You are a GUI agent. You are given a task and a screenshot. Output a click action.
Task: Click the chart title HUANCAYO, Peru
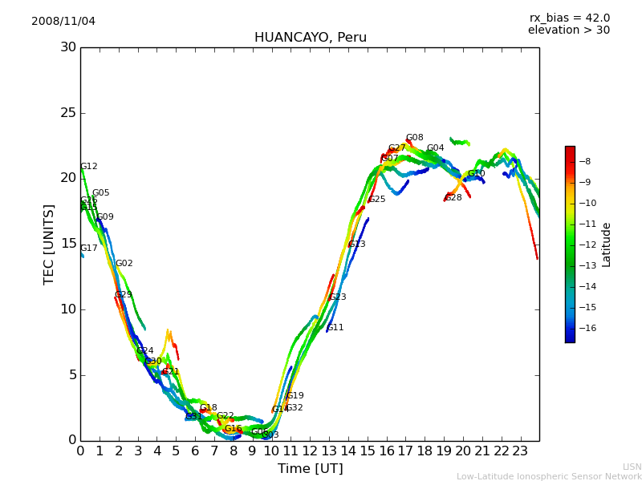[x=310, y=38]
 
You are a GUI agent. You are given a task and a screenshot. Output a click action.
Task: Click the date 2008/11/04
[x=63, y=21]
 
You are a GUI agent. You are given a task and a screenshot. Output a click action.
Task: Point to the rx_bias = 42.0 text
[x=569, y=18]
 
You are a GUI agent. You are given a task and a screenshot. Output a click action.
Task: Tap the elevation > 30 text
[x=568, y=30]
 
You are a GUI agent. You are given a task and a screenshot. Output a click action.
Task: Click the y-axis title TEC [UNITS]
[x=49, y=244]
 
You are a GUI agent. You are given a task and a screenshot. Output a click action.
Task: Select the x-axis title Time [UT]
[x=310, y=469]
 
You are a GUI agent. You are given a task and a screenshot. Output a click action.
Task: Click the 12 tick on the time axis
[x=310, y=451]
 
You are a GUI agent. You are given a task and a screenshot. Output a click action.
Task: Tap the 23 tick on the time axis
[x=520, y=451]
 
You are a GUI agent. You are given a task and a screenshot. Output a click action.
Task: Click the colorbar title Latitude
[x=607, y=245]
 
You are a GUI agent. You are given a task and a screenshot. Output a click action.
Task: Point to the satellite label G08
[x=414, y=138]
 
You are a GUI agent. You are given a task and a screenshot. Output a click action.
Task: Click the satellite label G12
[x=88, y=167]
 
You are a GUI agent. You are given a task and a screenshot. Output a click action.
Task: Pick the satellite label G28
[x=453, y=198]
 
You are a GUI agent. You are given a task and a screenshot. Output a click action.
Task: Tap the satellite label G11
[x=335, y=328]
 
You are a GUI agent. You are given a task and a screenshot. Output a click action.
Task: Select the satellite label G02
[x=124, y=264]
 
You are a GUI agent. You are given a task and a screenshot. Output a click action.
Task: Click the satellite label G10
[x=477, y=174]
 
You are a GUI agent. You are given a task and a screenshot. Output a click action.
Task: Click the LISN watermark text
[x=632, y=467]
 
